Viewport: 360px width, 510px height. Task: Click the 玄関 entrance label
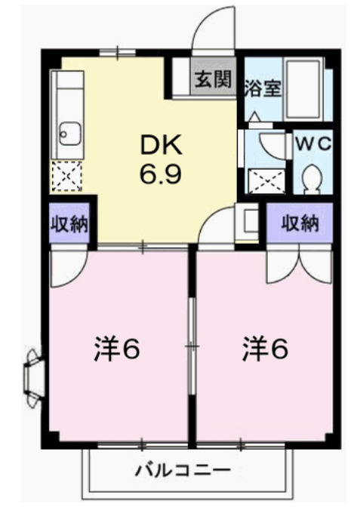[x=212, y=78]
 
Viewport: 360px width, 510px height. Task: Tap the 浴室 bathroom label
[x=261, y=88]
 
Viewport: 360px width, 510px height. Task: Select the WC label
[x=311, y=143]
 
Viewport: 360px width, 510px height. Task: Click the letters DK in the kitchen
[x=159, y=145]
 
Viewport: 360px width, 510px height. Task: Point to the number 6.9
[x=159, y=174]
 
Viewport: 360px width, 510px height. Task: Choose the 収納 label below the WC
[x=300, y=223]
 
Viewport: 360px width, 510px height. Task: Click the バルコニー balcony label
[x=183, y=471]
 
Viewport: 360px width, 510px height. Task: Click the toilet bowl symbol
[x=311, y=178]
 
